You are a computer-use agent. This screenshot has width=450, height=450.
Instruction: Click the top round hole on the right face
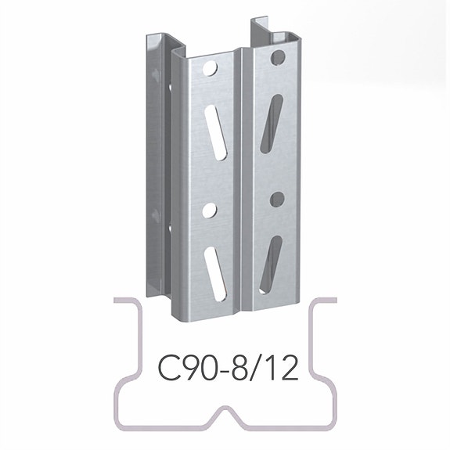coord(277,58)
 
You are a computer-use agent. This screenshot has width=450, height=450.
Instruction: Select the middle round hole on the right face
coord(275,199)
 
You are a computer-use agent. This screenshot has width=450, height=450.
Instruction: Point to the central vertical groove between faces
coord(243,180)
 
